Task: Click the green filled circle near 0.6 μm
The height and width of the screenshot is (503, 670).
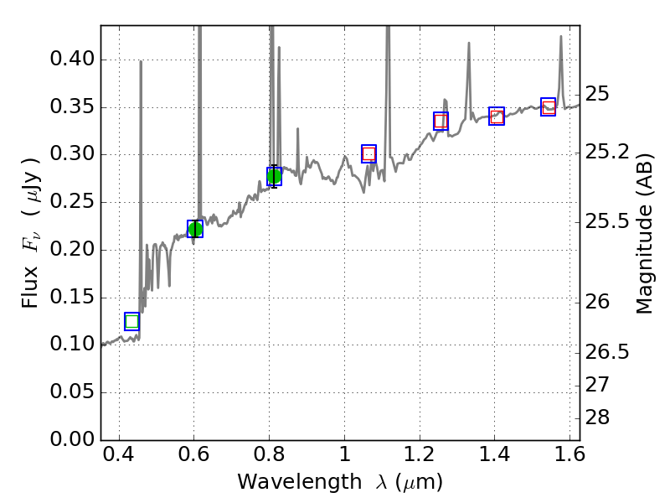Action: point(195,229)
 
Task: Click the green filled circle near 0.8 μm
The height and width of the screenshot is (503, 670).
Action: point(274,176)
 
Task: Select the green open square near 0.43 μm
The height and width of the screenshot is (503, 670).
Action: point(131,321)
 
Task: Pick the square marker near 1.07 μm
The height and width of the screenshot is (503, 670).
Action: point(368,153)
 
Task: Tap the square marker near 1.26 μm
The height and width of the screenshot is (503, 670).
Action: point(441,121)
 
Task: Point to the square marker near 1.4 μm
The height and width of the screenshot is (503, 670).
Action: point(497,117)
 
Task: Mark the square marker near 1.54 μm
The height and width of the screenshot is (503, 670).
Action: point(549,106)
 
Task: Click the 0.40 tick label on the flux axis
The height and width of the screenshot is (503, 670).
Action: point(71,60)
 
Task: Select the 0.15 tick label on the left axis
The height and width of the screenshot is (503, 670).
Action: point(71,298)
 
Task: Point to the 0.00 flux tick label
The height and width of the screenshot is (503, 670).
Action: point(71,440)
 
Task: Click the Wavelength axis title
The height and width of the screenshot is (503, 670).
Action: point(339,483)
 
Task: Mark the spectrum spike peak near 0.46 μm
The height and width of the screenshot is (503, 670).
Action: point(141,62)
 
